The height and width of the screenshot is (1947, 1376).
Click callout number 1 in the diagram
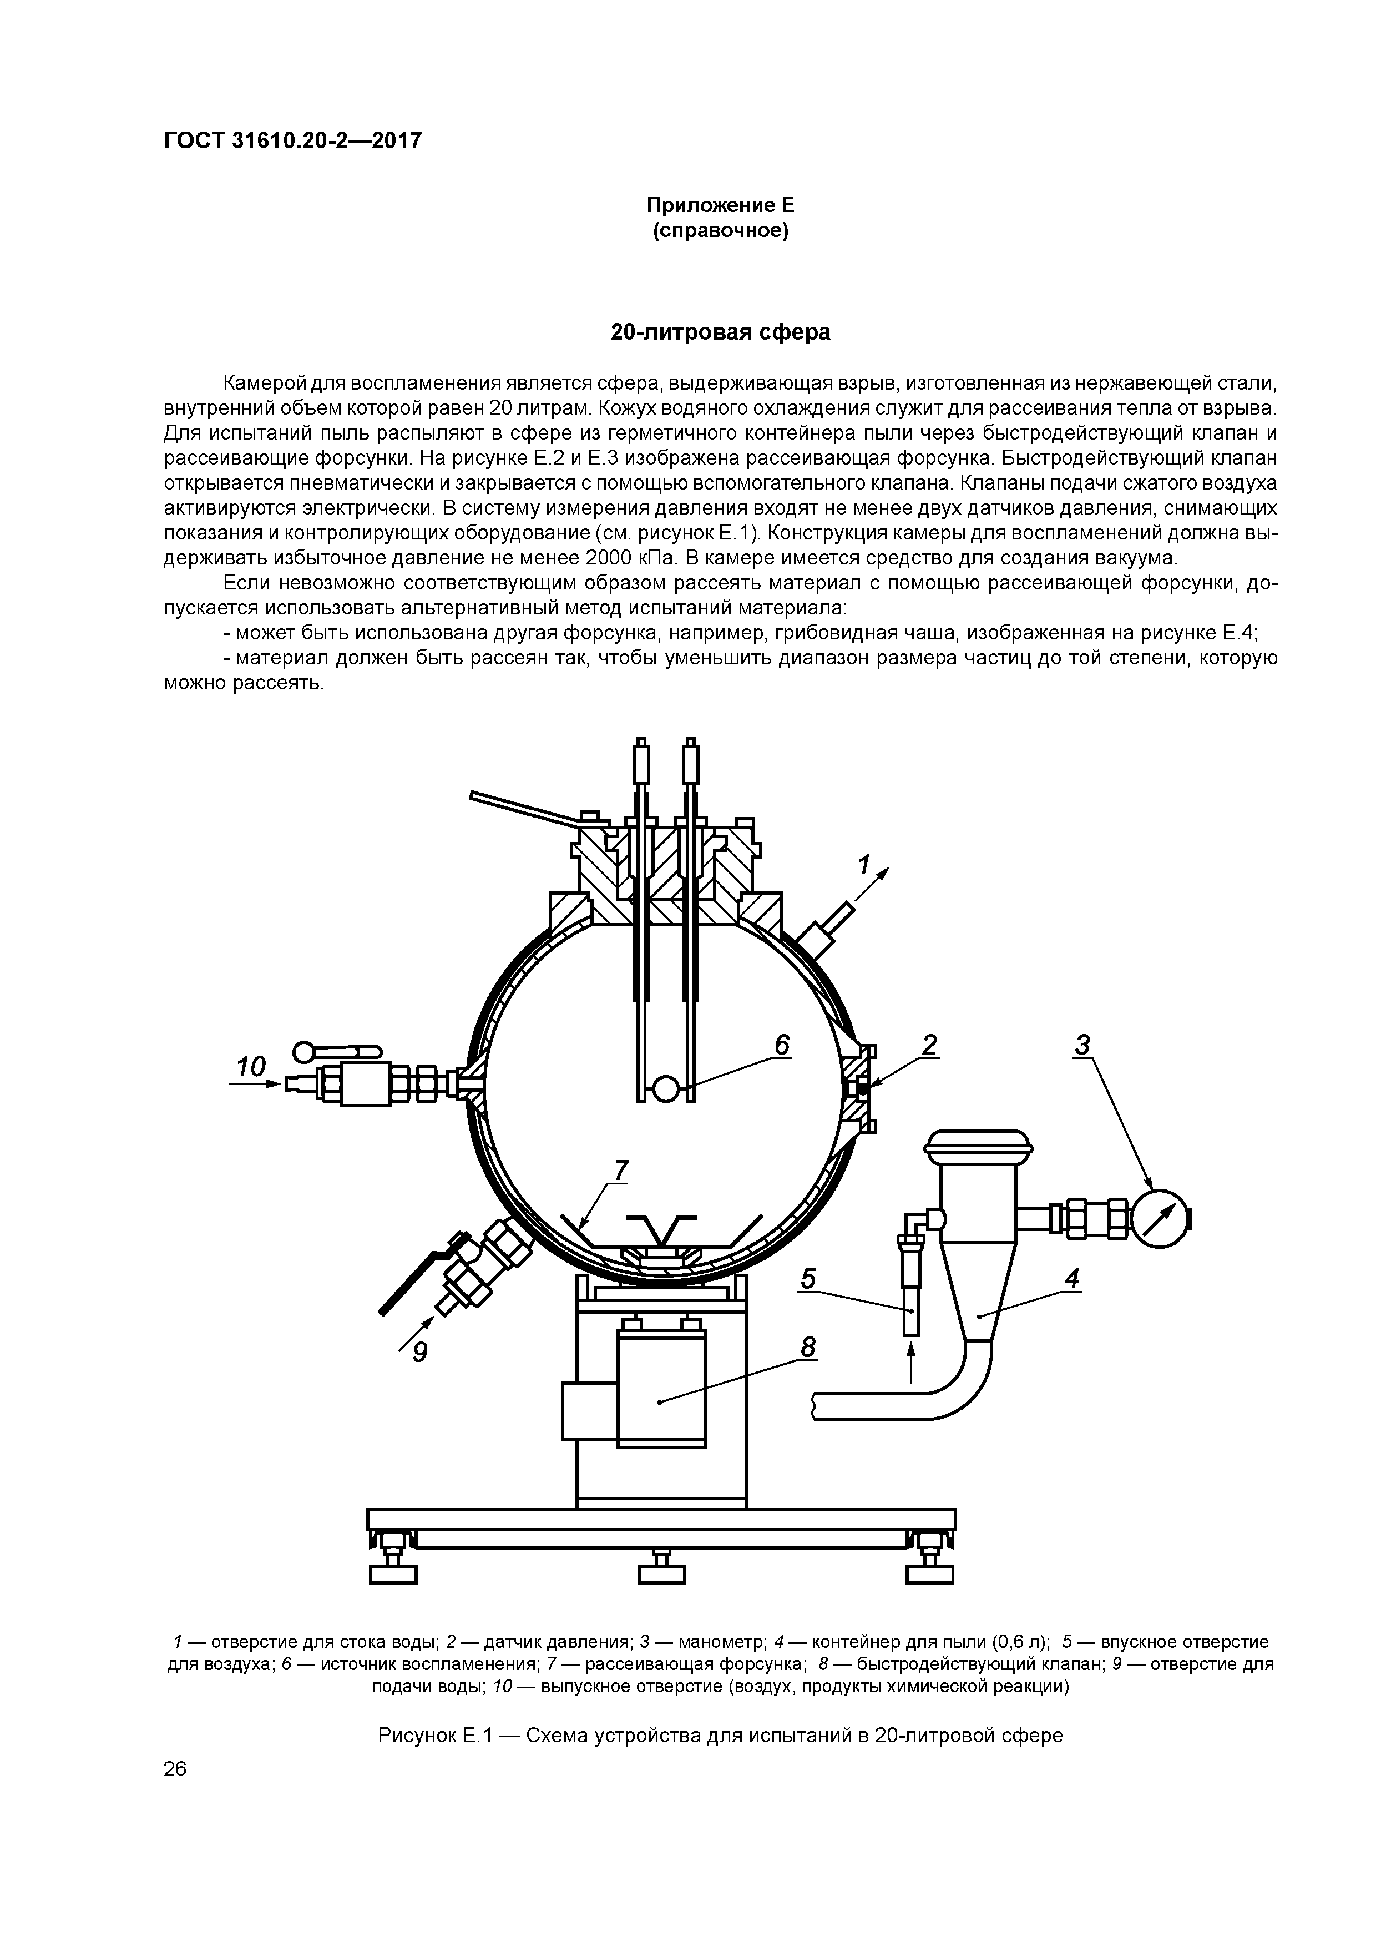click(x=863, y=865)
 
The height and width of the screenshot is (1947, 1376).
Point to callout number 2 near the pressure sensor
click(x=929, y=1045)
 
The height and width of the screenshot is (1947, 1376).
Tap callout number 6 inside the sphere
click(x=781, y=1045)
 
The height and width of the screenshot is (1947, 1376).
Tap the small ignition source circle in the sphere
click(x=666, y=1088)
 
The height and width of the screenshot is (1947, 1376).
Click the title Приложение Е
click(x=721, y=205)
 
